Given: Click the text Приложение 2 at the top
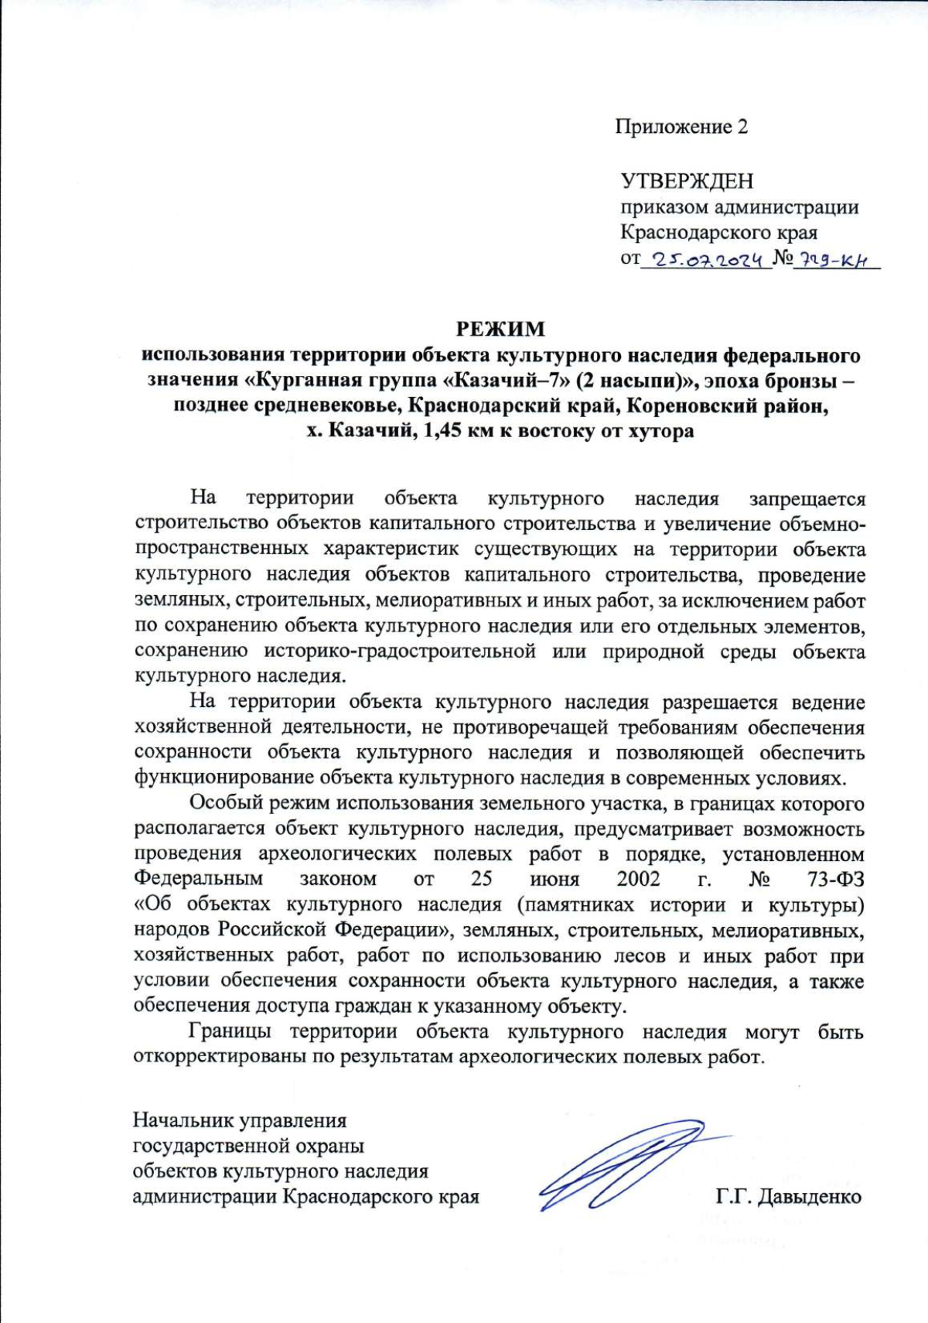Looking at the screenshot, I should pos(681,127).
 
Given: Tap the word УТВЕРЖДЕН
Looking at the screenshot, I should pos(687,181).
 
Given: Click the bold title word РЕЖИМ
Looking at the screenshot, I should pos(500,330).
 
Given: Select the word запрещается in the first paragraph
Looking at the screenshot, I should pos(807,499).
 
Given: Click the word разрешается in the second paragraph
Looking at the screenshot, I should pos(719,702).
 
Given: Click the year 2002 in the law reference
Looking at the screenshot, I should pos(638,879).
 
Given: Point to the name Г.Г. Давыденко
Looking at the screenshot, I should pos(788,1197).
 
